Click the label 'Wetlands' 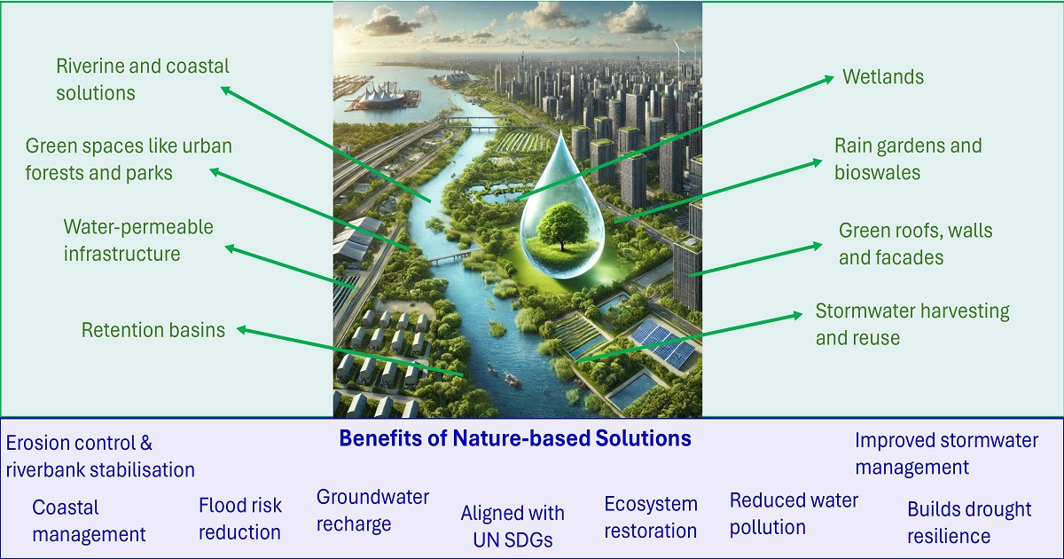pos(883,76)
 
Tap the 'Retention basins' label pos(153,329)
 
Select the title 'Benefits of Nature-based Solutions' pos(515,437)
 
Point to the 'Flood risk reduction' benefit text pos(240,518)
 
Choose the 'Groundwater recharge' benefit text pos(373,510)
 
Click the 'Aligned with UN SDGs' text pos(512,526)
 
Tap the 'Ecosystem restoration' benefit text pos(651,517)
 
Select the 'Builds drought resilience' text pos(969,523)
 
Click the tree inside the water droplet pos(563,224)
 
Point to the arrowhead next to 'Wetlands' pos(829,79)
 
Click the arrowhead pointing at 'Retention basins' pos(242,329)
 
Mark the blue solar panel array pos(664,342)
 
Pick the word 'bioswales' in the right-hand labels pos(877,172)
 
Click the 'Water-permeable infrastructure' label pos(138,240)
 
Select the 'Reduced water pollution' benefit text pos(794,514)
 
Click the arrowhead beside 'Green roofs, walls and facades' pos(817,246)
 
